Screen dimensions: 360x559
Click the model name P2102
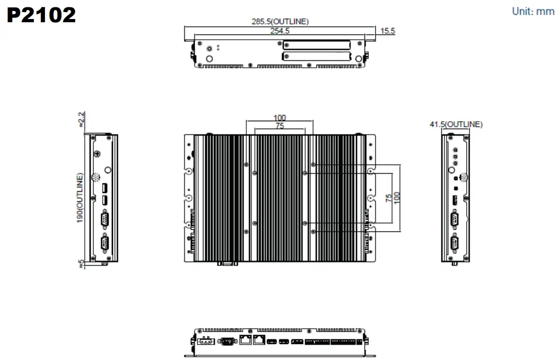(41, 15)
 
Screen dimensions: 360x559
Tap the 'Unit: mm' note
(533, 11)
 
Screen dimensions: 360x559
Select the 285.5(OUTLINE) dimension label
(280, 22)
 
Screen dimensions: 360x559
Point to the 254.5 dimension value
(280, 31)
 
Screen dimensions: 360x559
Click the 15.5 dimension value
(387, 31)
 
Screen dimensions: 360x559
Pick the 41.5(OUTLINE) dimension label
(456, 124)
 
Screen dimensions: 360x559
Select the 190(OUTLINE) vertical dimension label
(80, 197)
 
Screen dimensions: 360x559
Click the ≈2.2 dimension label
(81, 119)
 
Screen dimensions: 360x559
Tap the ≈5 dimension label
(81, 263)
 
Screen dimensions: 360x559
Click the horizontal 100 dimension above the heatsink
(279, 118)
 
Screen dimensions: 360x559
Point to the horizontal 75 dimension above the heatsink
(279, 125)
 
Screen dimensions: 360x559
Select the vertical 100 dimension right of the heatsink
(397, 197)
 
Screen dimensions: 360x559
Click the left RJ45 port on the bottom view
(246, 340)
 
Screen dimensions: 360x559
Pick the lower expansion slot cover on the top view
(316, 56)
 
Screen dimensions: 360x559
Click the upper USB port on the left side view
(105, 188)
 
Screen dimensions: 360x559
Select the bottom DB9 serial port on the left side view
(105, 244)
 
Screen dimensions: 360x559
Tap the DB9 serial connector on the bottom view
(227, 341)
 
